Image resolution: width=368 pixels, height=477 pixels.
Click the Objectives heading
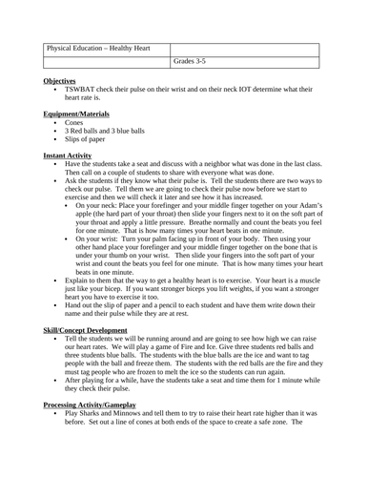point(62,82)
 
